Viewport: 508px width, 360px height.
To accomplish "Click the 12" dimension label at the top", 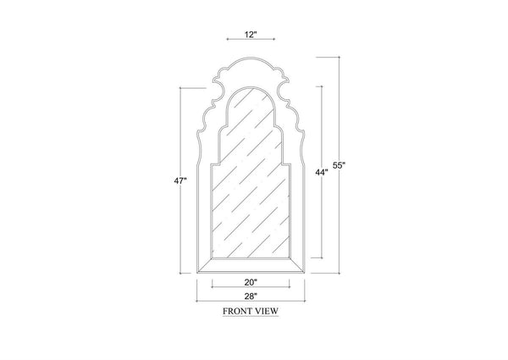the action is click(251, 35).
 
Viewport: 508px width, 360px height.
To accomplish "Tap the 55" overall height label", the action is click(340, 165).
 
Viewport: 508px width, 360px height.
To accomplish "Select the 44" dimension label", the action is click(322, 173).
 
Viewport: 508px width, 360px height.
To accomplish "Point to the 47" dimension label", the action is click(180, 180).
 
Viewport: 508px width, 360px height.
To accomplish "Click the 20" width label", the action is click(251, 282).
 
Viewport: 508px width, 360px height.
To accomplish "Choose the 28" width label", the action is click(251, 296).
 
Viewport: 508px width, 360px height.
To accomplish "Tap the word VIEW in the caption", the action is click(267, 311).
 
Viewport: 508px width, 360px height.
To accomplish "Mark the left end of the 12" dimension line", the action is click(227, 39).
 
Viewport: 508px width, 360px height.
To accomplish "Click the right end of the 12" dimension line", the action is click(274, 39).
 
